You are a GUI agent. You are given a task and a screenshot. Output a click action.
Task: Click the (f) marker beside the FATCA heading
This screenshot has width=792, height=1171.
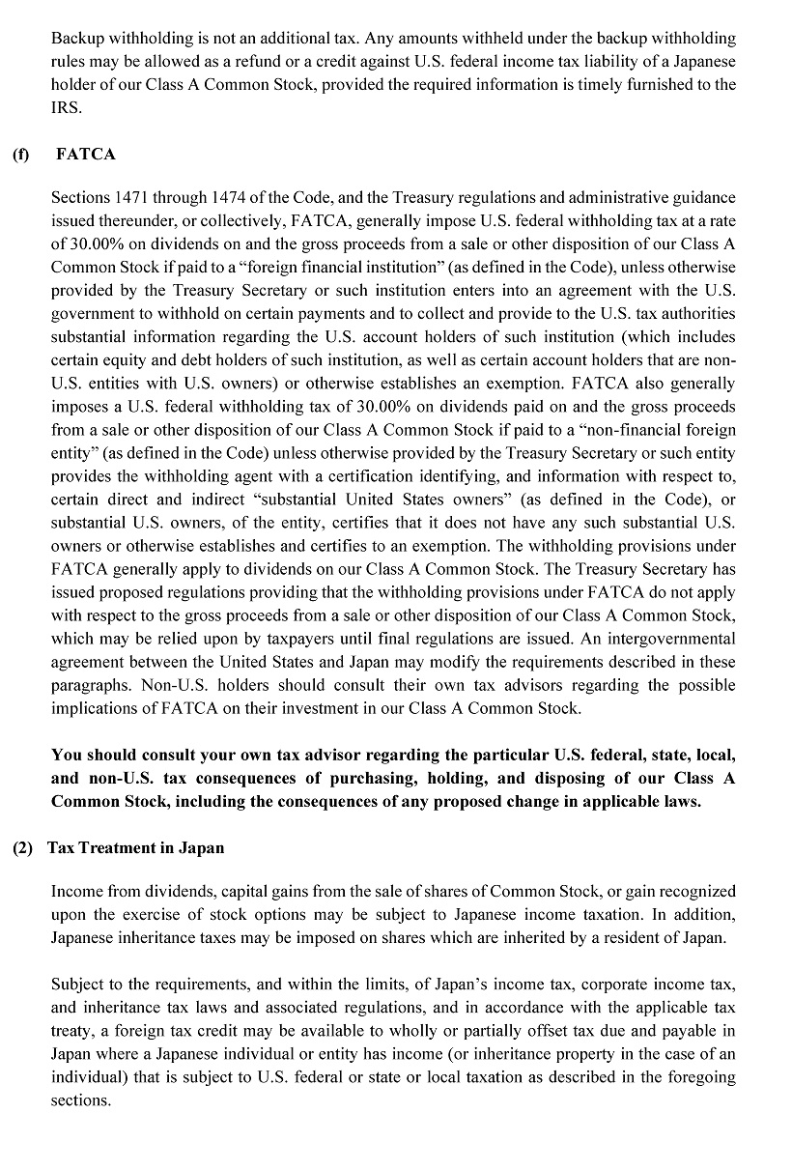(20, 154)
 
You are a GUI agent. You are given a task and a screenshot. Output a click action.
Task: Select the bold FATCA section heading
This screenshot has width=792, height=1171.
(86, 154)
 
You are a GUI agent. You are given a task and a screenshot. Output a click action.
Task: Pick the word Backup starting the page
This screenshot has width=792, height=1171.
(78, 39)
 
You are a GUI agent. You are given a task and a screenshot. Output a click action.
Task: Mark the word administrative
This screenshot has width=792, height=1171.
(620, 197)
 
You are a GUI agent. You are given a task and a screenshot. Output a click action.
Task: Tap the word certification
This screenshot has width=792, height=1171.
(342, 475)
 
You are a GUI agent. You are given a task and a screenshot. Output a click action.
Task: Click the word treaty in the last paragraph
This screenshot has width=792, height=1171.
(70, 1031)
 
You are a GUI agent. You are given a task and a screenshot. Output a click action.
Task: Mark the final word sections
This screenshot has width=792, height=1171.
(80, 1100)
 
